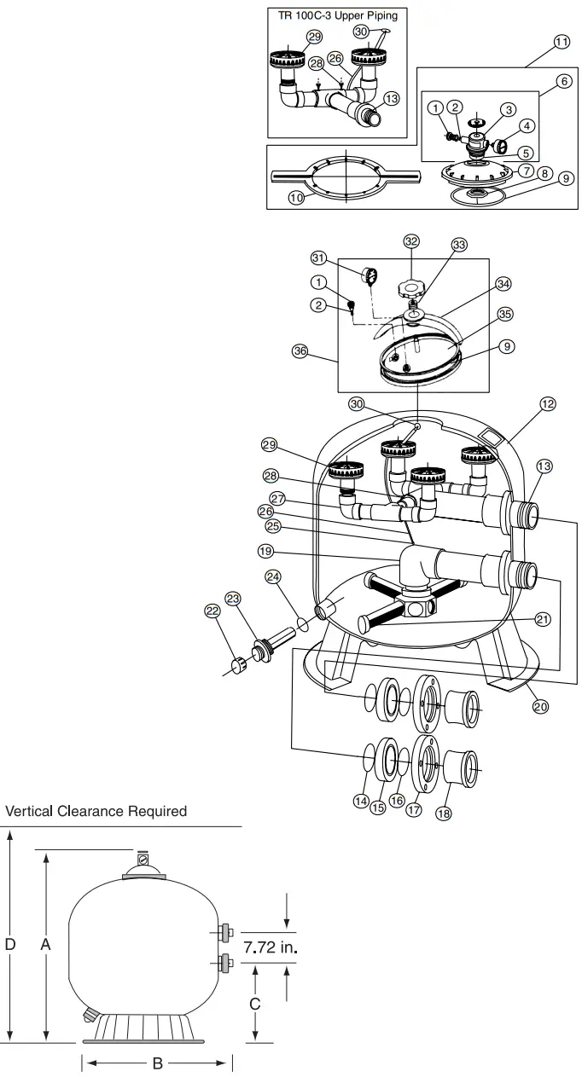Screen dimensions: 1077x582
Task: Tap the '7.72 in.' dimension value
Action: click(272, 947)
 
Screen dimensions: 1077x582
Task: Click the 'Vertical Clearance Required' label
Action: click(96, 811)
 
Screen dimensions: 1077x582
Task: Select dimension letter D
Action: click(9, 945)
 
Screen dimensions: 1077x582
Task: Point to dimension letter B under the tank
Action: click(156, 1063)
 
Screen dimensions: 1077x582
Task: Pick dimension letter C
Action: click(254, 1004)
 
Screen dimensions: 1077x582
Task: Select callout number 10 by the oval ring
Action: click(297, 198)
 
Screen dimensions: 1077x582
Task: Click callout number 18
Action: click(442, 813)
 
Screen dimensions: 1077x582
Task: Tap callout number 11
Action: click(561, 43)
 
